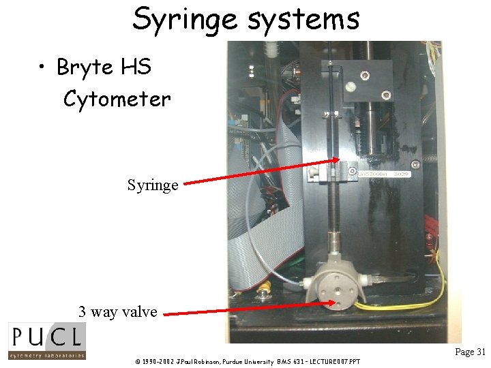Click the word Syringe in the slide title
185,19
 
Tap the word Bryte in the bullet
85,67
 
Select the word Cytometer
117,99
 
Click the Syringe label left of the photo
153,185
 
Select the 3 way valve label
117,312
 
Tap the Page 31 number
470,352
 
